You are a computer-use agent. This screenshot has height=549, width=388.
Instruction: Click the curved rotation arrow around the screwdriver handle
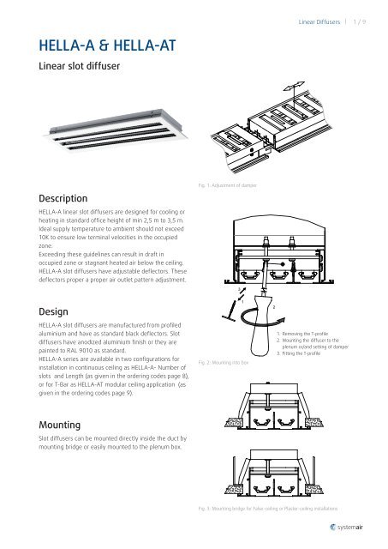click(x=254, y=323)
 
